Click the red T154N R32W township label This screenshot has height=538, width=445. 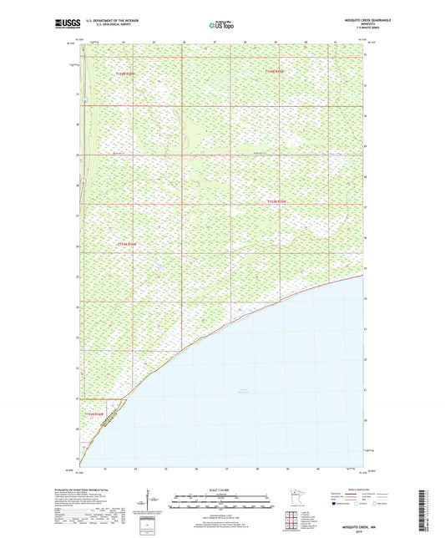pos(276,74)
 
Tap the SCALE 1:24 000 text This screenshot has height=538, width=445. pos(221,490)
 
